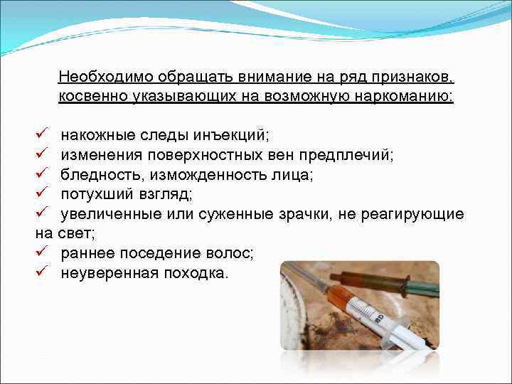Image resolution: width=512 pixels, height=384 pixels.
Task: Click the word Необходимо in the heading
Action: (100, 77)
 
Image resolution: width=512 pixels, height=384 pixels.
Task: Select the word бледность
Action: (100, 174)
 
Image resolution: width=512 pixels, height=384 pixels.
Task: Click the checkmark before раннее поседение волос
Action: (42, 251)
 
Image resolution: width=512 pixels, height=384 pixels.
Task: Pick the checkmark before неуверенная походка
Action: (42, 271)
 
